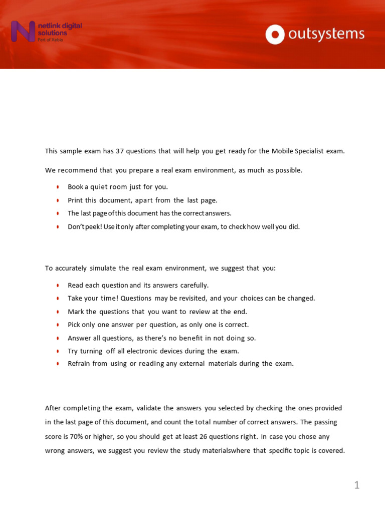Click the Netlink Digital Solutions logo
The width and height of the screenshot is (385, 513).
(x=46, y=32)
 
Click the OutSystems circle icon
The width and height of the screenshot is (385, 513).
(x=275, y=35)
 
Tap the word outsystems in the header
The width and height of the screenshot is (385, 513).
(x=326, y=35)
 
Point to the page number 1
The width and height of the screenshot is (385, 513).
(x=356, y=485)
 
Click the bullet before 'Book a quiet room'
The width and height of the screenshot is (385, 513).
(x=58, y=187)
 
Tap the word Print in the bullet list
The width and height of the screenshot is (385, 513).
(x=75, y=200)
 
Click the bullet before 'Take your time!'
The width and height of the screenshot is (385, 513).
(x=58, y=299)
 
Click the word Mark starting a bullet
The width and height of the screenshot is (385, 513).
(x=76, y=311)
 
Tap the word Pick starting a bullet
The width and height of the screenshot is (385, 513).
(x=75, y=324)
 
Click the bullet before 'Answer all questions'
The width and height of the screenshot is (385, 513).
(x=58, y=338)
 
